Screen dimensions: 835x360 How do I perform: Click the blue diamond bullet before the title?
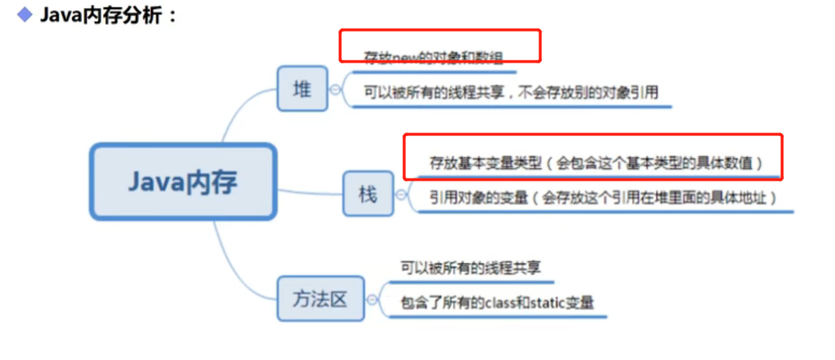pos(25,14)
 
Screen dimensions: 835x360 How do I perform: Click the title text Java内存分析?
pos(108,15)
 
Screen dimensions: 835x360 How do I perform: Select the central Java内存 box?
pos(183,181)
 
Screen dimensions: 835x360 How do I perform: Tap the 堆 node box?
pos(302,89)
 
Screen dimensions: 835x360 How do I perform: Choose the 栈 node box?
pos(368,194)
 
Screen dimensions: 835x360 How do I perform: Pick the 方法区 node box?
pos(320,298)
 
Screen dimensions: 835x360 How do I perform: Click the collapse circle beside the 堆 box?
pos(335,89)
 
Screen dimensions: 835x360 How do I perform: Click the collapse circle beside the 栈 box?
pos(401,194)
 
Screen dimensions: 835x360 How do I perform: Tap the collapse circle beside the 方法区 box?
pos(371,299)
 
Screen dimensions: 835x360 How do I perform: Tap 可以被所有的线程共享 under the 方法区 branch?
pos(470,268)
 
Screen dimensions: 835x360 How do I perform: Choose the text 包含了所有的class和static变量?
pos(497,303)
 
